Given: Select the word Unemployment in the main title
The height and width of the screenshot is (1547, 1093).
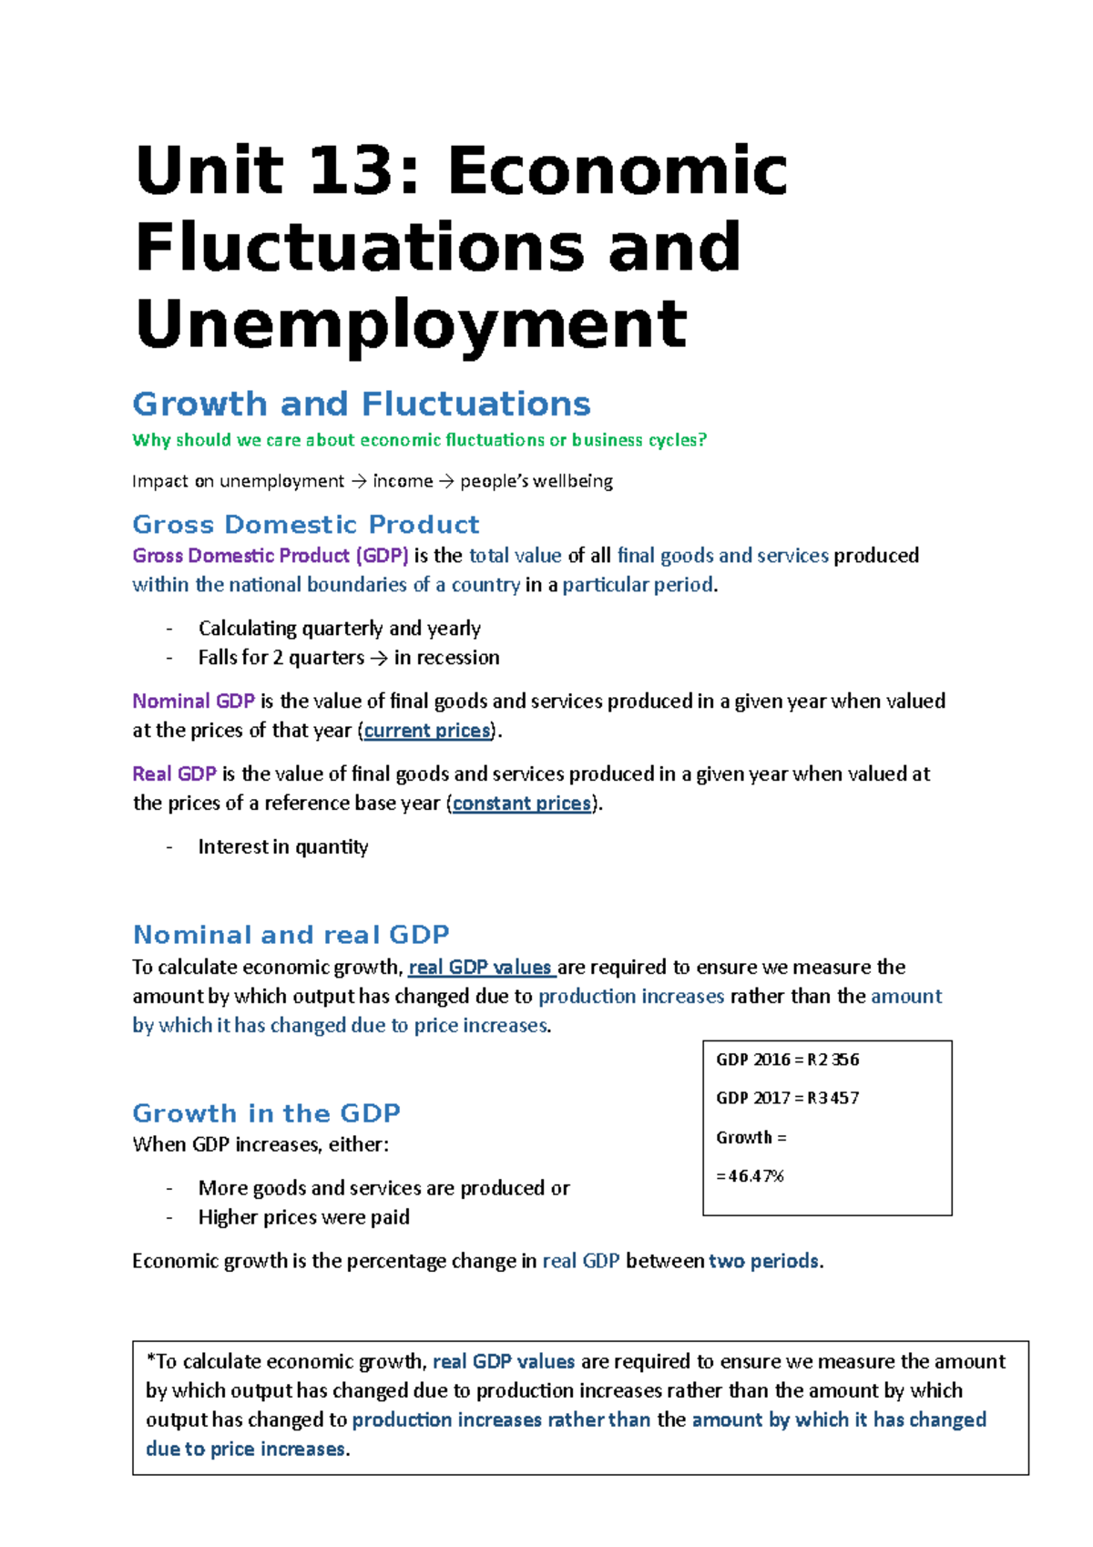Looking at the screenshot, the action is click(x=411, y=324).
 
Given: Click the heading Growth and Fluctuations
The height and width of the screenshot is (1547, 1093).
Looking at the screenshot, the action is click(x=362, y=404).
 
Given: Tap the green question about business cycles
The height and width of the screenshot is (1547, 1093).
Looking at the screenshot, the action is click(x=419, y=440).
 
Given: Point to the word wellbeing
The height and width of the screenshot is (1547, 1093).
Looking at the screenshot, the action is click(x=573, y=481).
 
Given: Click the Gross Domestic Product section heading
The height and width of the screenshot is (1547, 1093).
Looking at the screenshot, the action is click(x=305, y=525).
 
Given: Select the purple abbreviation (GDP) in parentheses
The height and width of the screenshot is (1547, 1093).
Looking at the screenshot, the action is click(x=382, y=556).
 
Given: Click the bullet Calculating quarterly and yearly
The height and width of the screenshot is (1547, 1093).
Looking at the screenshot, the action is click(x=339, y=629).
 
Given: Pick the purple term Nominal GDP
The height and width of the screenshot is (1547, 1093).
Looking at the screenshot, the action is click(x=193, y=702).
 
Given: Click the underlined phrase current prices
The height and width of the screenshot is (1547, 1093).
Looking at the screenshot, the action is click(x=427, y=731).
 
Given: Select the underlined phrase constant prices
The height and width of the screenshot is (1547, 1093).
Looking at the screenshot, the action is click(x=522, y=804).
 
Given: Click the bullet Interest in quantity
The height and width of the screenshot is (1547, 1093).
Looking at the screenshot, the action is click(x=282, y=847).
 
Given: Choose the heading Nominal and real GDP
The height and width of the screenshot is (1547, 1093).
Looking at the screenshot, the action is click(x=291, y=935).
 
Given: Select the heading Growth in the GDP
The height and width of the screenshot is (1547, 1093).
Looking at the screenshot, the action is click(x=266, y=1113).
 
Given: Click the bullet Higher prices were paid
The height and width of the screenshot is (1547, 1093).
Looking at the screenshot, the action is click(x=303, y=1217).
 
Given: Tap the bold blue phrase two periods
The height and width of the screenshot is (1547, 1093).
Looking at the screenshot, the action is click(x=763, y=1261).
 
